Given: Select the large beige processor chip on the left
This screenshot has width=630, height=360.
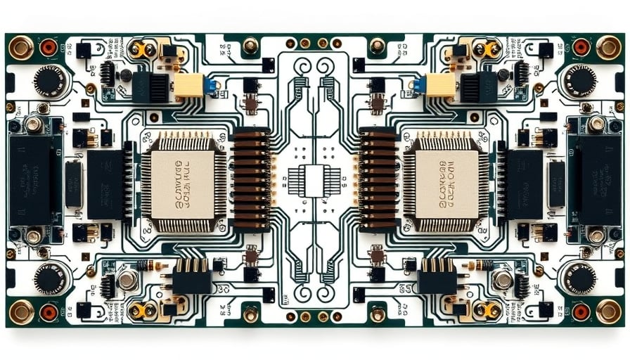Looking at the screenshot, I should pyautogui.click(x=183, y=181).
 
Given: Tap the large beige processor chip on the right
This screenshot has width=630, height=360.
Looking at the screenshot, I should pyautogui.click(x=447, y=181).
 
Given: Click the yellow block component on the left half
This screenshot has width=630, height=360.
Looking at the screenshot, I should pyautogui.click(x=188, y=85).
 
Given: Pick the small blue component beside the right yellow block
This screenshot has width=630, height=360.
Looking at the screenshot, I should pyautogui.click(x=420, y=85).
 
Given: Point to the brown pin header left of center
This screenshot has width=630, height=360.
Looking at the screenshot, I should pyautogui.click(x=252, y=179).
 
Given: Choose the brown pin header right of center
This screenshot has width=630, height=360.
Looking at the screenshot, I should pyautogui.click(x=378, y=179).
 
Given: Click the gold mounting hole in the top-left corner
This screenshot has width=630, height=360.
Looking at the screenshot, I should pyautogui.click(x=20, y=47).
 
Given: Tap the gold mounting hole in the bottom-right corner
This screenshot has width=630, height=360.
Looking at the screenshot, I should pyautogui.click(x=609, y=311).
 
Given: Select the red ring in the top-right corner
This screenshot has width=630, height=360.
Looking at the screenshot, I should pyautogui.click(x=581, y=47).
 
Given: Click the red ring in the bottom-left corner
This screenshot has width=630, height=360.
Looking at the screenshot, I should pyautogui.click(x=49, y=311).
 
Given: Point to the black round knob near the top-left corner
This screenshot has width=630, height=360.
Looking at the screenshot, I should pyautogui.click(x=50, y=81).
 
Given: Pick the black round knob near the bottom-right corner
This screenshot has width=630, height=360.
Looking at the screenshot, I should pyautogui.click(x=579, y=278).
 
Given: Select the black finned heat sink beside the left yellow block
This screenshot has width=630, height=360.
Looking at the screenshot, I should pyautogui.click(x=155, y=87).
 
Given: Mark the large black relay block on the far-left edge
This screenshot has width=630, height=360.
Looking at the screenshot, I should pyautogui.click(x=30, y=179).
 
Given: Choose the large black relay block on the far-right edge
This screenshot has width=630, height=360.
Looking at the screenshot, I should pyautogui.click(x=600, y=179).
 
